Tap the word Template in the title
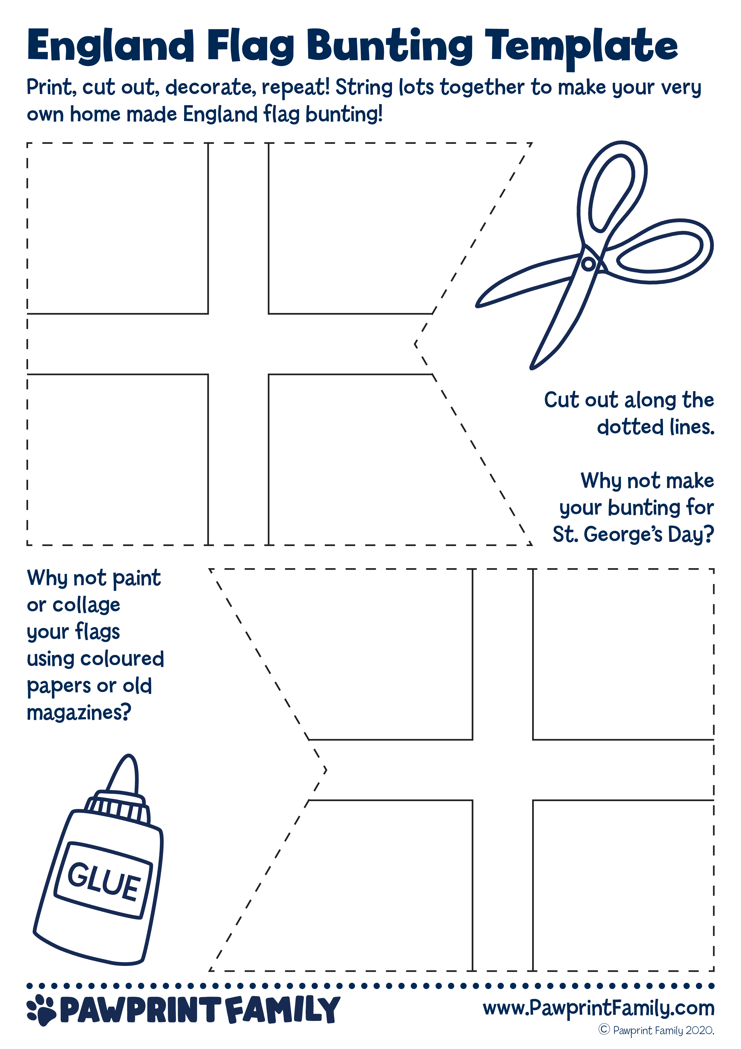581,47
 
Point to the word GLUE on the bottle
104,881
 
